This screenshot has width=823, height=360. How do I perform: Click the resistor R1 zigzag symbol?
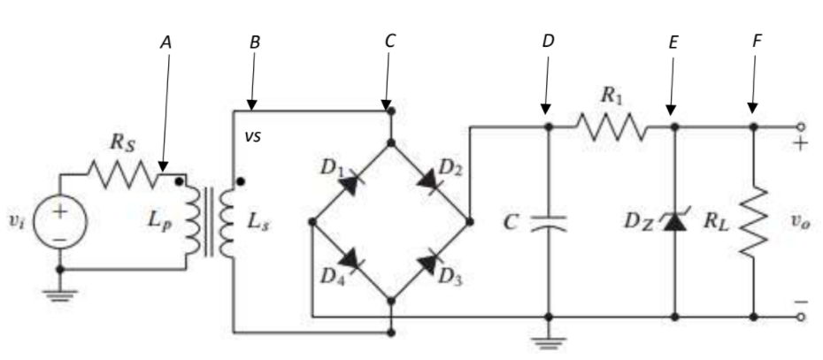612,127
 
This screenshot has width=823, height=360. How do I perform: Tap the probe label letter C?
390,41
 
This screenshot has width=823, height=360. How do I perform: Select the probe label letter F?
757,41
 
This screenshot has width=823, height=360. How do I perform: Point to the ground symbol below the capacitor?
549,339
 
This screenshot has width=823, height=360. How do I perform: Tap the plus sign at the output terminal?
800,143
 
